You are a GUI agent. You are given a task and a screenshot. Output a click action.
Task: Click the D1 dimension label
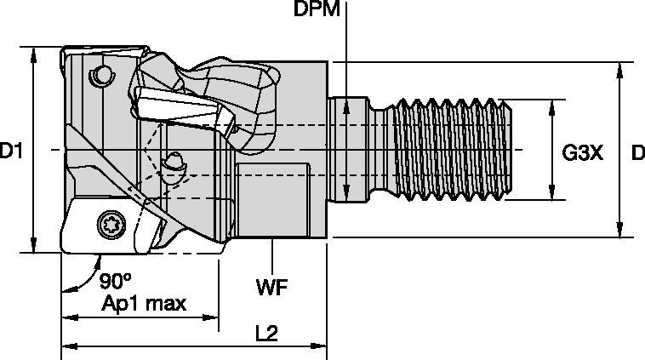pyautogui.click(x=11, y=151)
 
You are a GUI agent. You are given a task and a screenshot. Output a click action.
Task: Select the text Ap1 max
pyautogui.click(x=143, y=304)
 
